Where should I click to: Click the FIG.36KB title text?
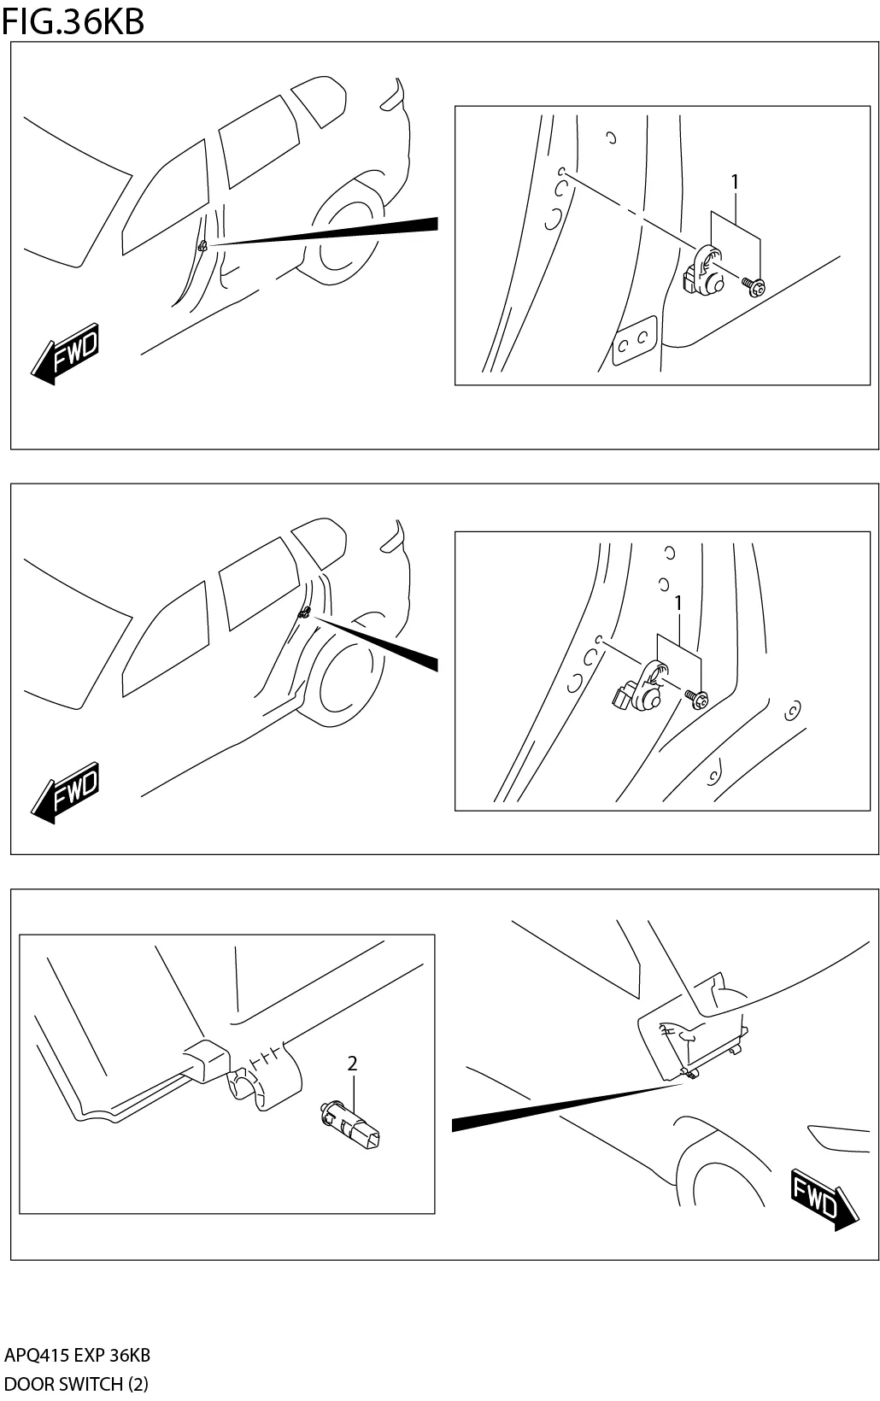point(73,21)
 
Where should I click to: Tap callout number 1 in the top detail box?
point(734,182)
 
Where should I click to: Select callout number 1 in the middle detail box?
point(678,604)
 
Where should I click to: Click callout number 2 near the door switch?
point(352,1064)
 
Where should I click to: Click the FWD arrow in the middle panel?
point(67,793)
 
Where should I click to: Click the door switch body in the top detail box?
point(705,271)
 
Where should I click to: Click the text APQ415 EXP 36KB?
point(77,1355)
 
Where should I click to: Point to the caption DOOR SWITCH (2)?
point(76,1384)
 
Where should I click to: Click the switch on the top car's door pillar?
point(203,246)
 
